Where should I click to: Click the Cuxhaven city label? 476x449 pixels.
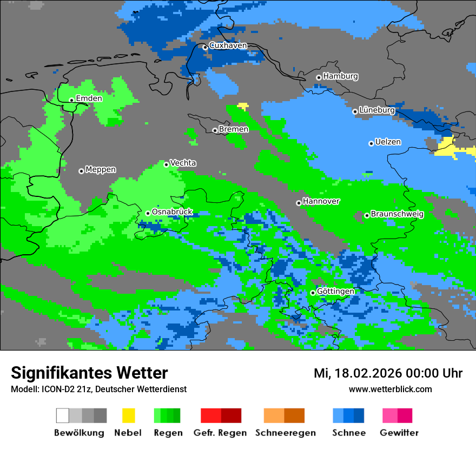coord(228,45)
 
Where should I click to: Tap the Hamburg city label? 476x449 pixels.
coord(340,76)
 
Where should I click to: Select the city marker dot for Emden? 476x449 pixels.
coord(71,100)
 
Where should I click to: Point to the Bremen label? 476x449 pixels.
coord(234,129)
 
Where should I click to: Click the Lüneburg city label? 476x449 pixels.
coord(377,110)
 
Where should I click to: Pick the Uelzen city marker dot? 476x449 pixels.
coord(371,143)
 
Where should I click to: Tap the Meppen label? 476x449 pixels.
coord(101,170)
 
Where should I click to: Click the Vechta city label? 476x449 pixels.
coord(183,163)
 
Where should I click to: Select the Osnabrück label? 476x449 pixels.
coord(172,212)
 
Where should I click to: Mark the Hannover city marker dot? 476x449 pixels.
coord(299,203)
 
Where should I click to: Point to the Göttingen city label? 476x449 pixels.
coord(335,292)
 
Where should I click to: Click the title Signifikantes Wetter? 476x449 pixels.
coord(89,373)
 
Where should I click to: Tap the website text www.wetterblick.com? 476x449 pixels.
coord(390,389)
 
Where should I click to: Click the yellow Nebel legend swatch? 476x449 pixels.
coord(128,415)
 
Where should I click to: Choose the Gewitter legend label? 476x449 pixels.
coord(399,433)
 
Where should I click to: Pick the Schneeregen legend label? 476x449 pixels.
coord(285,433)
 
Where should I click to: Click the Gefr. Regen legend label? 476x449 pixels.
coord(220,433)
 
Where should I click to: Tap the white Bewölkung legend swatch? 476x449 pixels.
coord(63,415)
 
